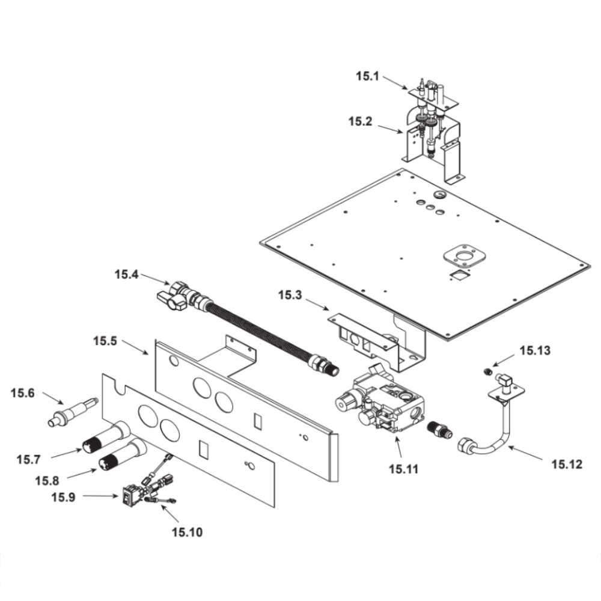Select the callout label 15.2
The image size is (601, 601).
361,122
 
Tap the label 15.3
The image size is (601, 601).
290,296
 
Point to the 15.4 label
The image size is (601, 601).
127,275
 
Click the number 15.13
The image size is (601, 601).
535,350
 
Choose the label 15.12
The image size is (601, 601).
567,463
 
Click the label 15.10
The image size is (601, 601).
187,531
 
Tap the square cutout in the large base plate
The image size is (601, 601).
459,275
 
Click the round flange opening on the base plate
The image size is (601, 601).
464,257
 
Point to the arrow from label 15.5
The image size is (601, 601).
135,348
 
